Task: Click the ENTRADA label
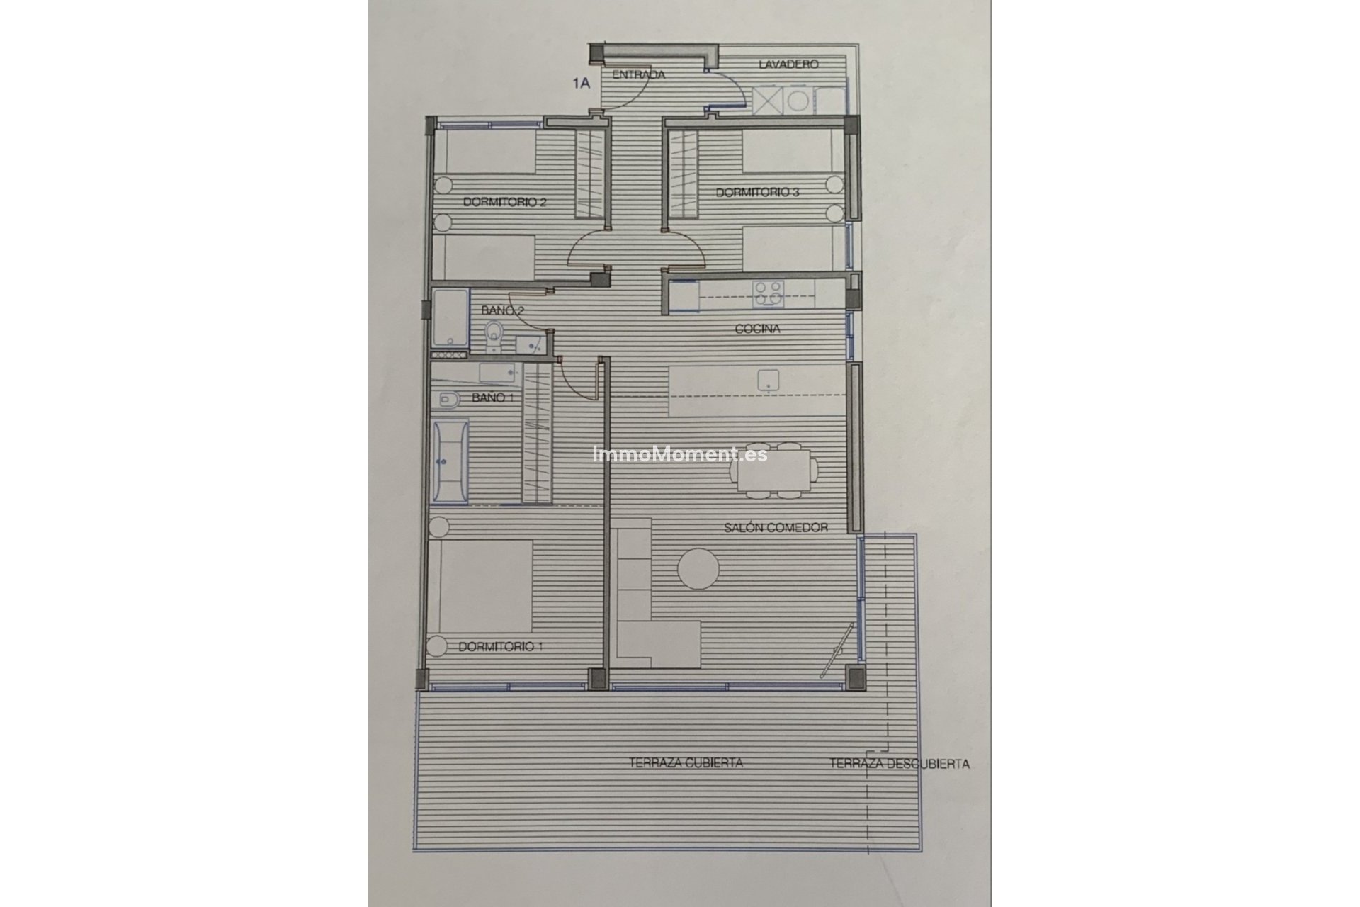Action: point(638,74)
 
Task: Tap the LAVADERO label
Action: point(788,64)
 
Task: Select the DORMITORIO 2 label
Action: point(504,202)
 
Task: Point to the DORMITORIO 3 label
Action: point(757,192)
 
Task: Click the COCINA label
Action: point(757,329)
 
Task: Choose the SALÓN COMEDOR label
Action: point(776,527)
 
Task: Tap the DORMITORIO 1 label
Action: point(501,646)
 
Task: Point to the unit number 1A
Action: point(582,83)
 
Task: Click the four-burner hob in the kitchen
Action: point(768,293)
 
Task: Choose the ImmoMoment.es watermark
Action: point(679,453)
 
